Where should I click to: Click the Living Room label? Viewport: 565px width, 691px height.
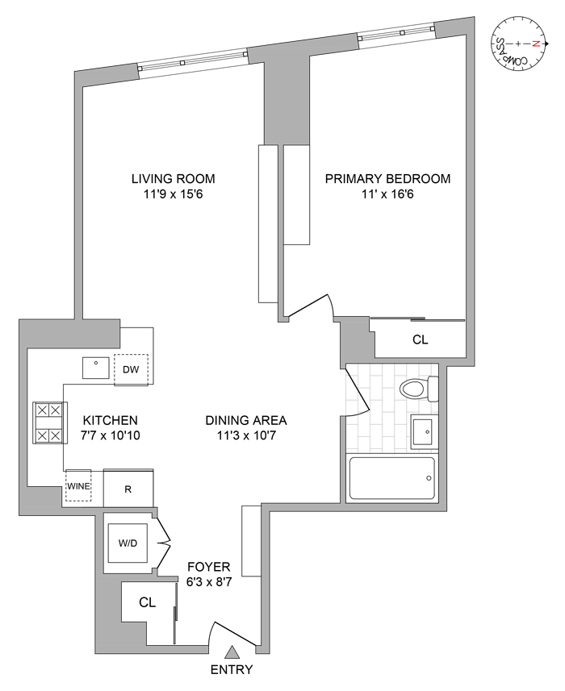click(174, 179)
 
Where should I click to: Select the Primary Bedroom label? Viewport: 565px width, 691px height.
click(387, 179)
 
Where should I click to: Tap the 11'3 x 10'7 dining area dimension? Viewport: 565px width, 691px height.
click(245, 436)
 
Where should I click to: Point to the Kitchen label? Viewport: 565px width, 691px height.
click(111, 421)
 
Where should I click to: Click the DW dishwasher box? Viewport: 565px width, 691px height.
click(131, 369)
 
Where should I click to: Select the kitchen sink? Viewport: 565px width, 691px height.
click(97, 368)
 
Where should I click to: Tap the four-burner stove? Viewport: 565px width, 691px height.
click(48, 423)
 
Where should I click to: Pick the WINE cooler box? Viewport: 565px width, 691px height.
click(78, 487)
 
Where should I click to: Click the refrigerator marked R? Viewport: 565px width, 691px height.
click(128, 488)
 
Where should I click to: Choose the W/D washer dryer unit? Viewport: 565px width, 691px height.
click(128, 543)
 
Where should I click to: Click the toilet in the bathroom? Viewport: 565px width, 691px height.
click(416, 389)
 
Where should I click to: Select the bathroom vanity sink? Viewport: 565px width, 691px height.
click(423, 432)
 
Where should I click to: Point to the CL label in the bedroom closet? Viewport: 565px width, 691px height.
click(420, 340)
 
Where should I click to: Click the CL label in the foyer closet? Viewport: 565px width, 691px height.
click(147, 602)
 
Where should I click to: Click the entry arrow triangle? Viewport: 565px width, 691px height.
click(232, 653)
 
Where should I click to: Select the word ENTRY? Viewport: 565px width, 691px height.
click(232, 670)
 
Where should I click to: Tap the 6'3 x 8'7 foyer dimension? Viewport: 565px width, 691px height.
click(209, 581)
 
